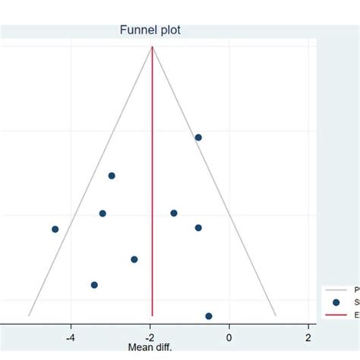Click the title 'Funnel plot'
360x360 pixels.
click(150, 30)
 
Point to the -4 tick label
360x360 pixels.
click(70, 336)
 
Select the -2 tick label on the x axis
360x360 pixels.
click(150, 336)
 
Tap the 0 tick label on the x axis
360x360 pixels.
click(229, 336)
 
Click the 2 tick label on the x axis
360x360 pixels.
click(308, 336)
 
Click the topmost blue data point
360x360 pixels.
click(198, 137)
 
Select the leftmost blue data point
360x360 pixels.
click(55, 229)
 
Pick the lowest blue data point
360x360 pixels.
click(209, 316)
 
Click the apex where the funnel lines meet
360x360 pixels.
click(153, 47)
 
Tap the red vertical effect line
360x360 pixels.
click(153, 190)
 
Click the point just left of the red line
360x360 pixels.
click(134, 259)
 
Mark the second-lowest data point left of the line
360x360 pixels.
click(134, 259)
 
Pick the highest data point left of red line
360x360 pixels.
click(112, 175)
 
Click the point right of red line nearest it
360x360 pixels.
click(174, 213)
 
